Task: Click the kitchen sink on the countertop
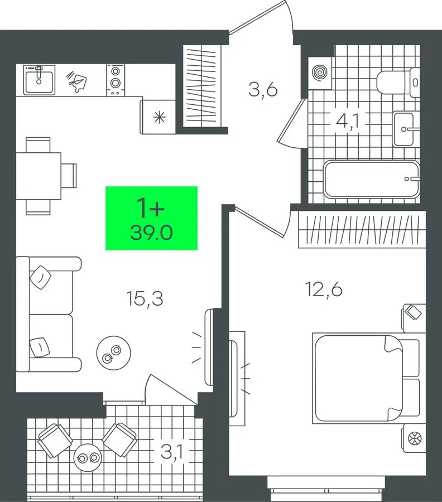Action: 39,80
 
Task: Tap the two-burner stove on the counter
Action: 116,80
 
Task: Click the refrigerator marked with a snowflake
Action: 158,117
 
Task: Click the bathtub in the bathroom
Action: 371,179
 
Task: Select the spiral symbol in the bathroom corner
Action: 320,73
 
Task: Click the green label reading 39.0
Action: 151,218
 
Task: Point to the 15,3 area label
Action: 145,299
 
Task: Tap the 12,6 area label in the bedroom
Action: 324,289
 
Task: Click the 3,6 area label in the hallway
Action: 263,89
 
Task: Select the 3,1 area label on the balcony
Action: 172,452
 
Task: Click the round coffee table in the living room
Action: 114,353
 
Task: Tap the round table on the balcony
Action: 88,458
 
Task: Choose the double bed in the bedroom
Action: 367,378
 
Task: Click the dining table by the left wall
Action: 39,176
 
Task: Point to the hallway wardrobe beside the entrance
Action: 202,86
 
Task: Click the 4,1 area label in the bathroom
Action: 347,121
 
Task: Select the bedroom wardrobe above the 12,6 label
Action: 362,229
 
